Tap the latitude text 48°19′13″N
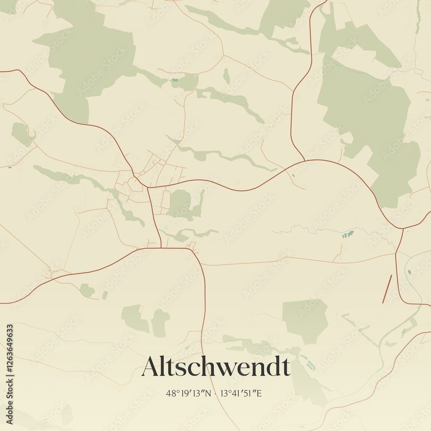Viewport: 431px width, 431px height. coord(188,393)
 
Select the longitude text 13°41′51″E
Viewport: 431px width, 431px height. coord(241,393)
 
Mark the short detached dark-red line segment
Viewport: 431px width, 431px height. coord(387,289)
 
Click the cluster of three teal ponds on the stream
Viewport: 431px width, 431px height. coord(347,234)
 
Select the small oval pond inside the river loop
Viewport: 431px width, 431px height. coord(409,272)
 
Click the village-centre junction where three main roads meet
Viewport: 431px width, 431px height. coord(148,187)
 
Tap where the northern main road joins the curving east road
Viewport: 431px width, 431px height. coord(305,161)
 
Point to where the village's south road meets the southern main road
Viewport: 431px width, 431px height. coord(161,248)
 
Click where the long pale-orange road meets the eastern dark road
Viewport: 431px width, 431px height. coord(395,254)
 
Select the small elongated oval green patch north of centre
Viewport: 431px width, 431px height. coord(226,76)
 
